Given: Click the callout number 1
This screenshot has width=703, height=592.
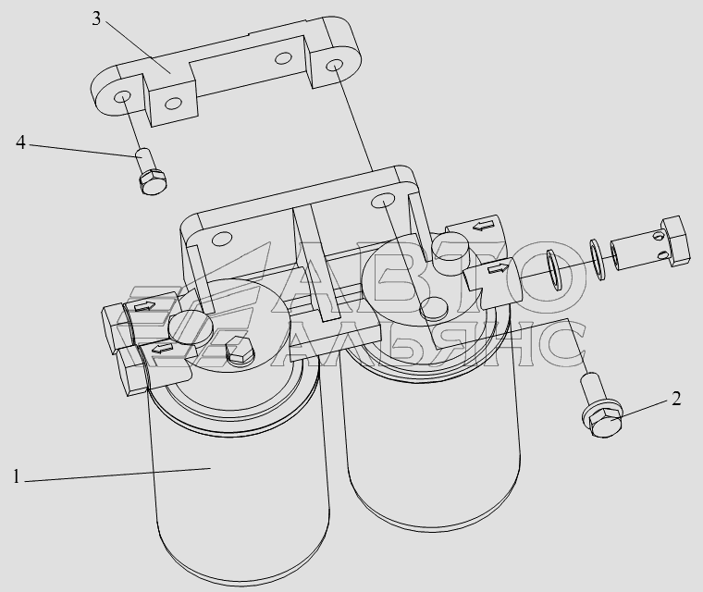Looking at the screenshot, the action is pos(16,476).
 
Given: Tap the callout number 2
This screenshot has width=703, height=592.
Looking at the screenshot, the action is pos(676,399).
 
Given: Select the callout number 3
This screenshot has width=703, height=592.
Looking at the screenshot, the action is pos(96,18).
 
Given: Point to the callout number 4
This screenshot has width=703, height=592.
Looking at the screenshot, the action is pos(20,142).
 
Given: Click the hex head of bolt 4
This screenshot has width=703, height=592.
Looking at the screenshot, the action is pos(154,182).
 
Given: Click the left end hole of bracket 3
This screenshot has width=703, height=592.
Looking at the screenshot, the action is pos(122,98).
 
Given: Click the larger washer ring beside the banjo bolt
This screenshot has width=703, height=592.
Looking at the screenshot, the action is pos(556,269).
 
